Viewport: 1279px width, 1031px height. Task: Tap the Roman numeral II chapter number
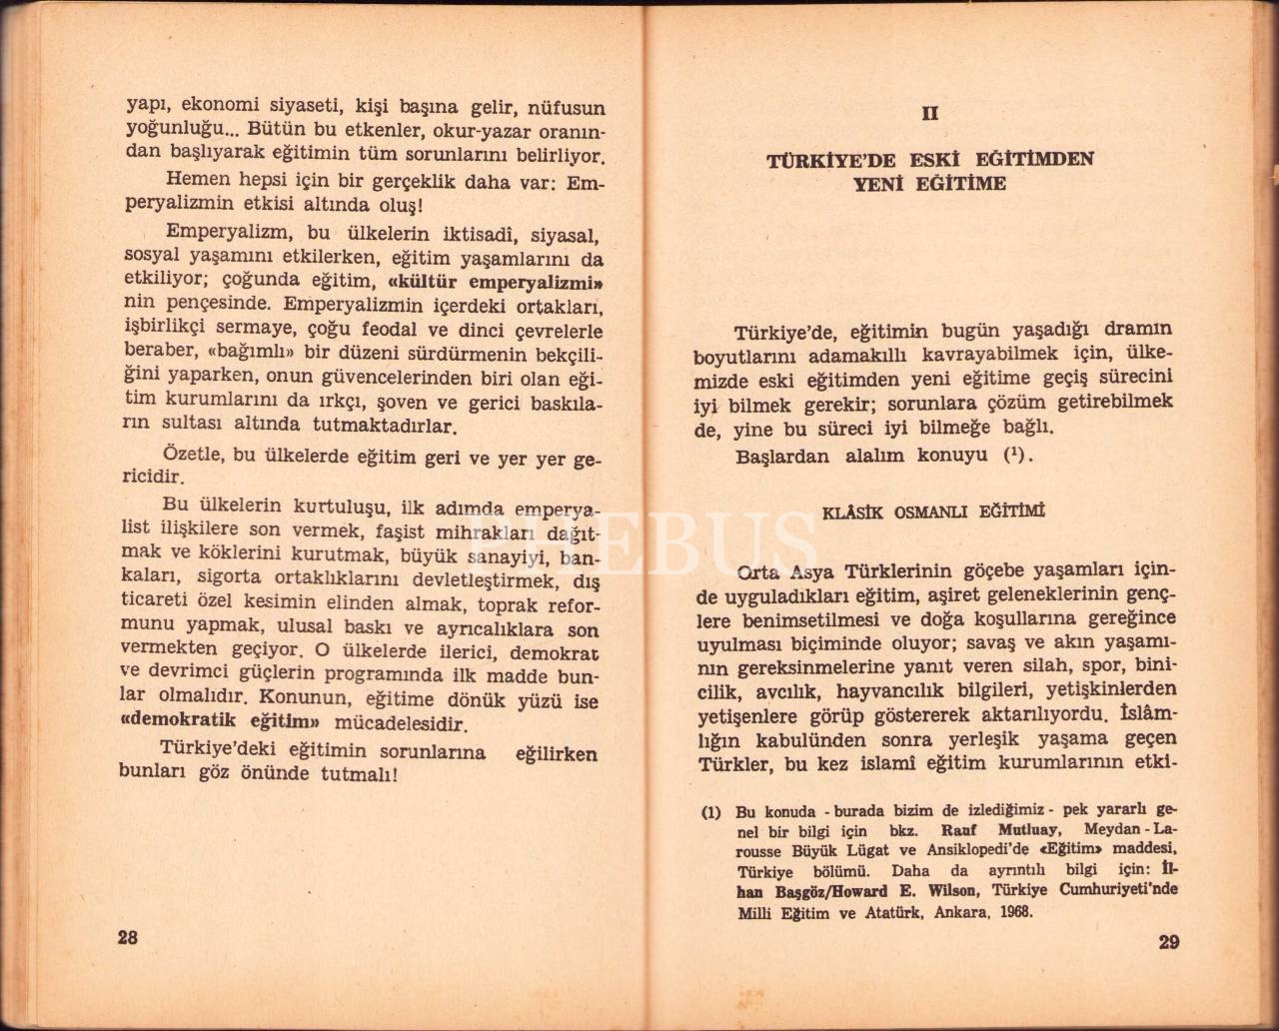click(x=929, y=113)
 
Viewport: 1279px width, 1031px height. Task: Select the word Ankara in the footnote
click(x=947, y=911)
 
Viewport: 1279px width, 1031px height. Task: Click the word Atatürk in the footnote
click(x=892, y=911)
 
